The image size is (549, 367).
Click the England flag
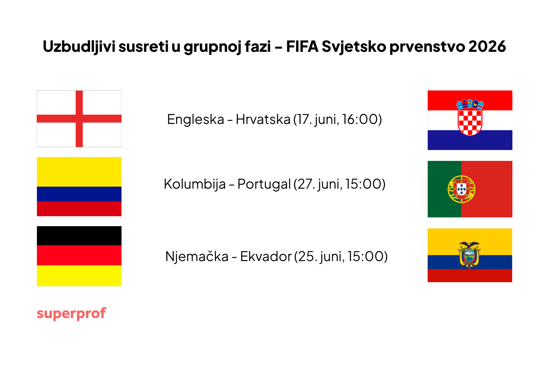79,119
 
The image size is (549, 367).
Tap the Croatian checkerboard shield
470,121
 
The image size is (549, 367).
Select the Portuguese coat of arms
462,189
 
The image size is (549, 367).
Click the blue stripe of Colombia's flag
79,194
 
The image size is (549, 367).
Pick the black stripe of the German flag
79,236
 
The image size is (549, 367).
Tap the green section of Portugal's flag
445,189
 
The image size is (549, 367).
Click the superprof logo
71,314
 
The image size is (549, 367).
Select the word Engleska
196,119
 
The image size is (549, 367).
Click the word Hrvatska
263,119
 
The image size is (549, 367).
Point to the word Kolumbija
195,184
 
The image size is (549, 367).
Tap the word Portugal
264,184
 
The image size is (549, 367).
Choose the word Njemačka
197,256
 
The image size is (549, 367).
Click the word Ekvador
266,256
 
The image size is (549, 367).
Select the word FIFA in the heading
302,46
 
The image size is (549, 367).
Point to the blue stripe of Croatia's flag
470,140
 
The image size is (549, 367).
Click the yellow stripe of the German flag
79,276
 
